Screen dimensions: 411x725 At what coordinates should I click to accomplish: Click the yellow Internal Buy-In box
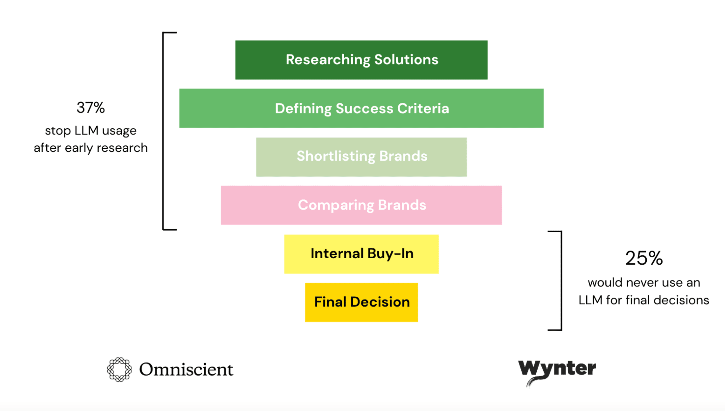tap(361, 254)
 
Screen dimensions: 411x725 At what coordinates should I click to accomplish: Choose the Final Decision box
tap(361, 302)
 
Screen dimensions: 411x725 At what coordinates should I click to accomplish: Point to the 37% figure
tap(91, 108)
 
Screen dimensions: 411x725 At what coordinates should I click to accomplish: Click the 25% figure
tap(644, 258)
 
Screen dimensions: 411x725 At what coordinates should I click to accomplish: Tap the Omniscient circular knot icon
tap(119, 370)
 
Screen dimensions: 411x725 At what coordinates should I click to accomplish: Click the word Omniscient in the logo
tap(186, 370)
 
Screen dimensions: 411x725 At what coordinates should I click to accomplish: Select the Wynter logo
tap(557, 370)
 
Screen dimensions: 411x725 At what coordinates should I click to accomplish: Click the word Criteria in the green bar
tap(423, 109)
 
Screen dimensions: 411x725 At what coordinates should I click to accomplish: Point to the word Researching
tap(328, 60)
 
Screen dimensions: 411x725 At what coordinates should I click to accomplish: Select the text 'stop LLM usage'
tap(91, 130)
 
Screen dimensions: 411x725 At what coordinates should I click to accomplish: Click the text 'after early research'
tap(91, 148)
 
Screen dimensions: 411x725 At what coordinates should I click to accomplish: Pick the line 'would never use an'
tap(644, 282)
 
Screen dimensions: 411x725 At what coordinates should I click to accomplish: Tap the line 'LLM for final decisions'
tap(644, 300)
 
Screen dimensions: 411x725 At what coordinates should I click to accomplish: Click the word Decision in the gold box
tap(380, 302)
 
